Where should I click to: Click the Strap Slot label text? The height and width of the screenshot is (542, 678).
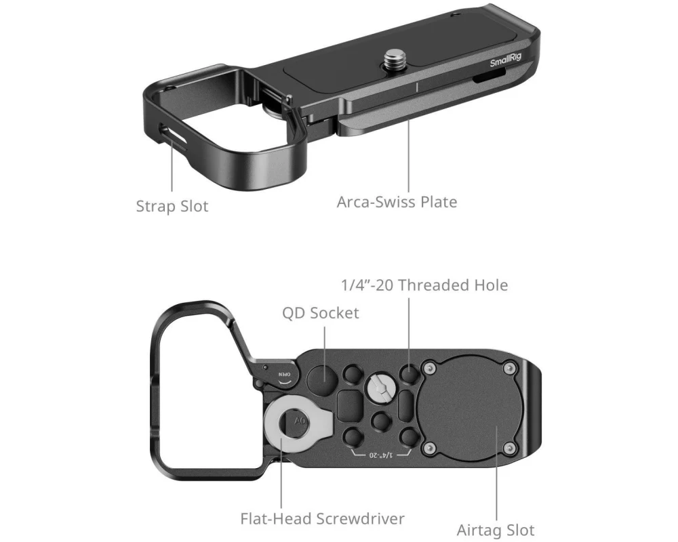click(172, 206)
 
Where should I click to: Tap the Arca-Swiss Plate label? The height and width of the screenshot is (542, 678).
click(397, 202)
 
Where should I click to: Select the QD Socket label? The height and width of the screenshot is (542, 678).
click(321, 313)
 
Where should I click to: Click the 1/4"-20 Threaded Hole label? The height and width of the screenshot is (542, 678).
click(424, 285)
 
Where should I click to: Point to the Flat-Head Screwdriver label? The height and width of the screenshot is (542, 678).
click(322, 518)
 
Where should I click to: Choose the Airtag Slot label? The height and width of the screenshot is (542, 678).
click(496, 530)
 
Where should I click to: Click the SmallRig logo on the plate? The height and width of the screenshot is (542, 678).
click(506, 60)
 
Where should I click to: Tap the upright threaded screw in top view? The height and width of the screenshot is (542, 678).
click(393, 59)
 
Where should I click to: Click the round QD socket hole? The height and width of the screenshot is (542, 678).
click(323, 379)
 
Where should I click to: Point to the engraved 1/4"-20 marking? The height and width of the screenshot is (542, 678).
click(380, 455)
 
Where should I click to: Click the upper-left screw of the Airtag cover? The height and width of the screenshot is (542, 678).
click(429, 369)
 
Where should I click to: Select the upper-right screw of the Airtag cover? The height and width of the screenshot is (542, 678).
click(510, 369)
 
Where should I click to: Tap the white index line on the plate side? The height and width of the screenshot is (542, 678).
click(417, 87)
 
